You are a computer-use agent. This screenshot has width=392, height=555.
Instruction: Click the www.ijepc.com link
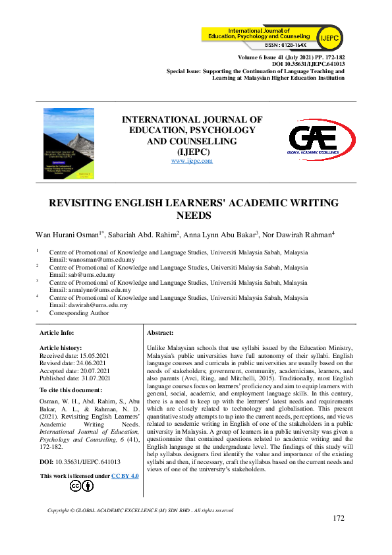click(x=192, y=161)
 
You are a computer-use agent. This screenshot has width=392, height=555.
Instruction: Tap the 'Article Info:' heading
click(x=57, y=334)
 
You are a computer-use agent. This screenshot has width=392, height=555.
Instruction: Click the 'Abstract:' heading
click(x=160, y=334)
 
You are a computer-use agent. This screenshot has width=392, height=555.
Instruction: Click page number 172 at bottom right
click(x=339, y=519)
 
